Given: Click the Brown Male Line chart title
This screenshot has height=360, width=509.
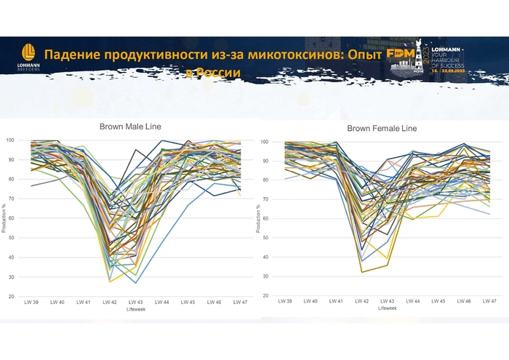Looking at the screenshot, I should pyautogui.click(x=130, y=127).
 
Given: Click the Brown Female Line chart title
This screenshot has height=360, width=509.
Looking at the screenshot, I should pyautogui.click(x=382, y=128).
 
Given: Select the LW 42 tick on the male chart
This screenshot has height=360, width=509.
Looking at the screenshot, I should pyautogui.click(x=110, y=302).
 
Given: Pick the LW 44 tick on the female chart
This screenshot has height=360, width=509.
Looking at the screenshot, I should pyautogui.click(x=412, y=301).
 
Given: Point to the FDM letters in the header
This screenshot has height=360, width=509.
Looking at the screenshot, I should pyautogui.click(x=401, y=54).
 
